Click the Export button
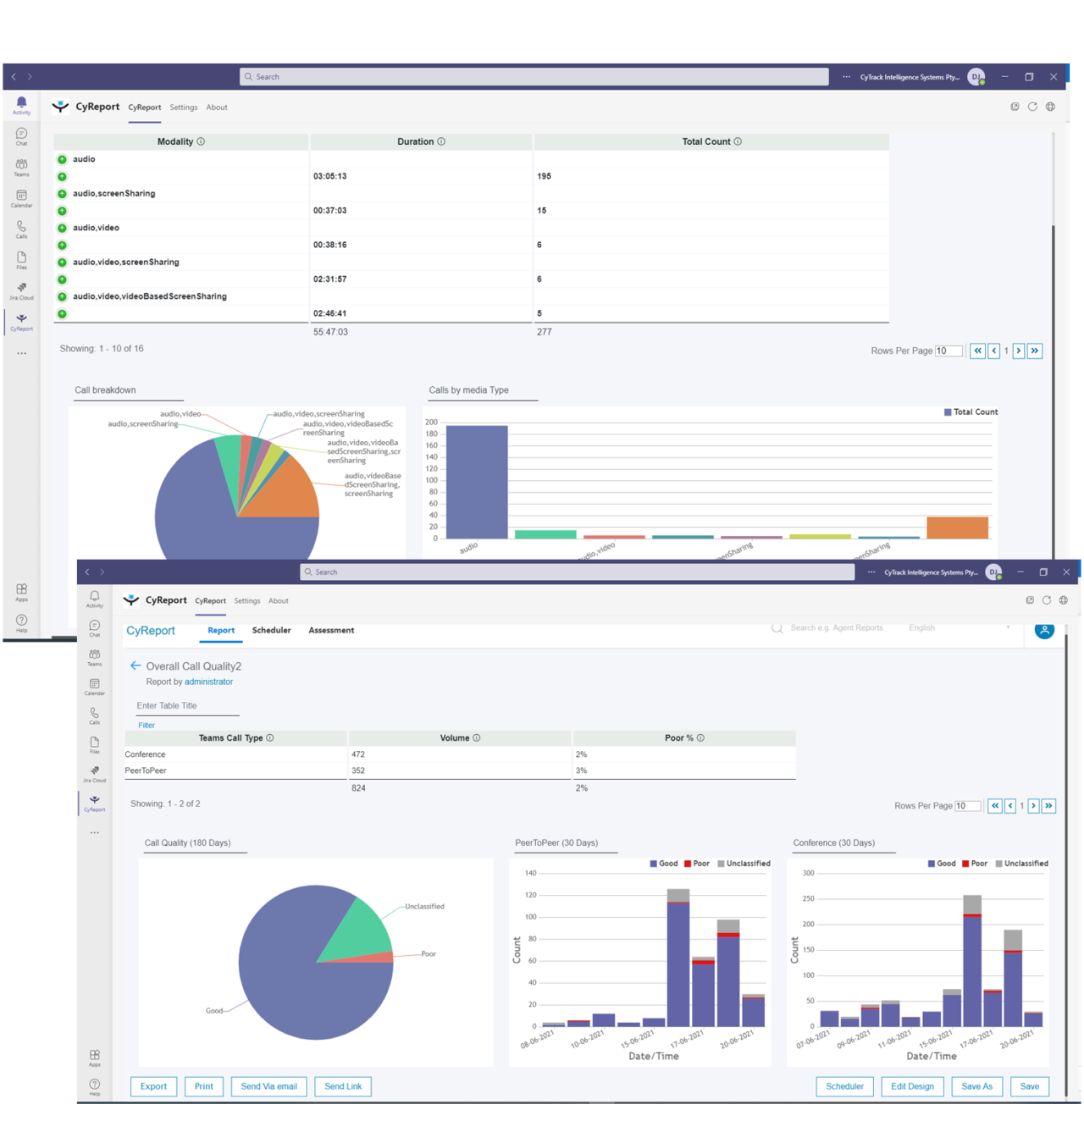[153, 1086]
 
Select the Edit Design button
[912, 1086]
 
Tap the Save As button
[976, 1086]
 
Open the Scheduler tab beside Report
[271, 630]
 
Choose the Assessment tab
[331, 630]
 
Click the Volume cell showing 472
[358, 754]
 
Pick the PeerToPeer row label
[146, 770]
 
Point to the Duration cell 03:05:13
[329, 176]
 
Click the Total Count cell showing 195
[544, 176]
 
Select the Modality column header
[175, 141]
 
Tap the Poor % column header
[678, 738]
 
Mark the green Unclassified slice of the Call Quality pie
[356, 931]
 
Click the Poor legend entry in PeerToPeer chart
[697, 864]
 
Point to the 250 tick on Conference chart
[808, 899]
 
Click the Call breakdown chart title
[105, 390]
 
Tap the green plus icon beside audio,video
[62, 228]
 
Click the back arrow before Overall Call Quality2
[135, 665]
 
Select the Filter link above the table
[147, 725]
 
